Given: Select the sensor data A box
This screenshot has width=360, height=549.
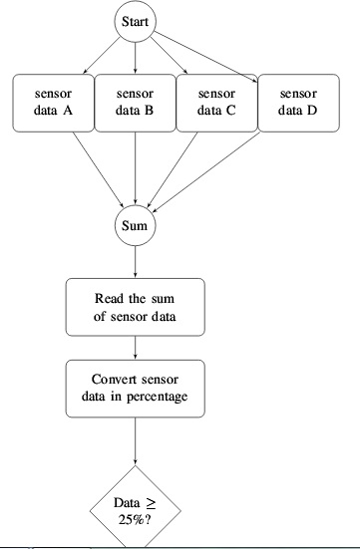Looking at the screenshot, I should tap(52, 103).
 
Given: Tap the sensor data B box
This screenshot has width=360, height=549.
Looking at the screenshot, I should tap(134, 103).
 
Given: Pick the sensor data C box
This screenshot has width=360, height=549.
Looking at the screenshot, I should tap(215, 103).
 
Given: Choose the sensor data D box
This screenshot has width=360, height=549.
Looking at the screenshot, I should tap(297, 103).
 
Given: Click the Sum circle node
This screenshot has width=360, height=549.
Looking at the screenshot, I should tap(134, 225).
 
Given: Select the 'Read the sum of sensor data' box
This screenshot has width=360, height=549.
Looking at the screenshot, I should tap(134, 307).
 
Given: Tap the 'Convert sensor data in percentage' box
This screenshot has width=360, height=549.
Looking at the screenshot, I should tap(134, 389).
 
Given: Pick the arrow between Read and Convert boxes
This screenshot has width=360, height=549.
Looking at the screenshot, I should tap(134, 348).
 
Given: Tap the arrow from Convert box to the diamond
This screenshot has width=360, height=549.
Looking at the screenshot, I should tap(134, 443).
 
